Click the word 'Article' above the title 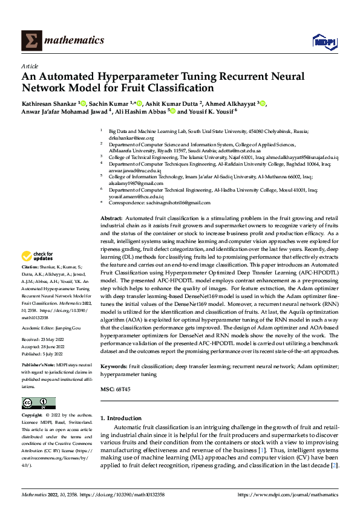point(30,66)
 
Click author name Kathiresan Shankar point(49,104)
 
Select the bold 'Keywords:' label point(114,367)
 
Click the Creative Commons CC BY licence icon point(38,403)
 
